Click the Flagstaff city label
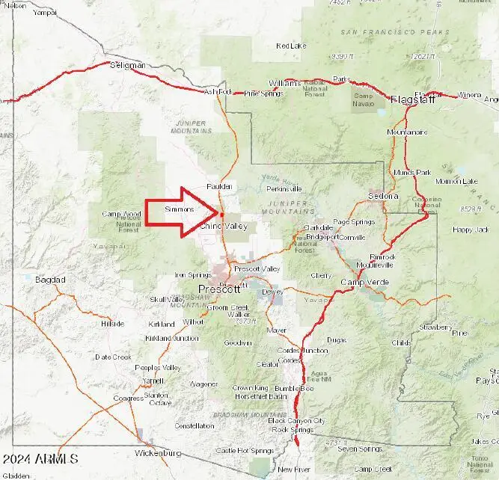tap(413, 99)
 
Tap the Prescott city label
tap(219, 289)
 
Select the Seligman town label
tap(128, 66)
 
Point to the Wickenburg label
tap(158, 454)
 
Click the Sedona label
tap(384, 197)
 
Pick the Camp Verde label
tap(363, 282)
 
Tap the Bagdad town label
tap(50, 280)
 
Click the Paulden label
tap(219, 186)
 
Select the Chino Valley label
tap(224, 226)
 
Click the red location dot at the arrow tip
tap(222, 215)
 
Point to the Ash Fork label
tap(218, 92)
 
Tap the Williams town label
tap(284, 83)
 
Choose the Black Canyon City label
tap(296, 421)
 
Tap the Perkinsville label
tap(284, 188)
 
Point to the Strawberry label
tap(435, 327)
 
